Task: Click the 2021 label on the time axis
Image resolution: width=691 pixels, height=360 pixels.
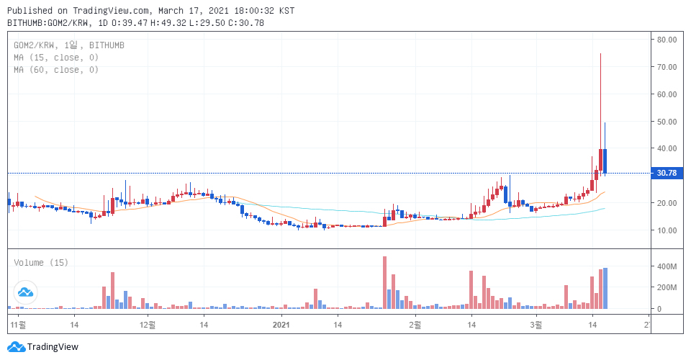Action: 282,325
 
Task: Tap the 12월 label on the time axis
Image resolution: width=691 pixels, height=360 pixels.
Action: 148,325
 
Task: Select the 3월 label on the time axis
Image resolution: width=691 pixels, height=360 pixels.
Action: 536,325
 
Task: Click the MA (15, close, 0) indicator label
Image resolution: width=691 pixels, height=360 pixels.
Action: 56,58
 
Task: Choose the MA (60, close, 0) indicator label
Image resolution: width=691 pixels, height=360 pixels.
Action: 56,70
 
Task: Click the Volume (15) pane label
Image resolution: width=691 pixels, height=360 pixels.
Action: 41,263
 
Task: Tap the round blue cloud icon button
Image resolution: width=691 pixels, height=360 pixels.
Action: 26,292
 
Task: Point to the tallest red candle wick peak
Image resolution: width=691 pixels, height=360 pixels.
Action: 600,54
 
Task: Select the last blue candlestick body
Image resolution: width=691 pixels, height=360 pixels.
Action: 605,161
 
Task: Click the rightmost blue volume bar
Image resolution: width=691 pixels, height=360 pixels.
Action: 605,288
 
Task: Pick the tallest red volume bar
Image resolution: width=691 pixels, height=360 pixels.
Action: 385,282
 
